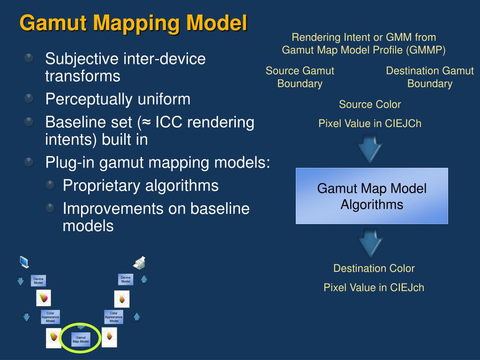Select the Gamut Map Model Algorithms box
[372, 196]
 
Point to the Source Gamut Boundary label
[300, 77]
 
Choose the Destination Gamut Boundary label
[430, 77]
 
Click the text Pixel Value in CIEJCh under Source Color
[370, 124]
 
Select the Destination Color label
[374, 269]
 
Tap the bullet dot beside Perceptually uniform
[29, 98]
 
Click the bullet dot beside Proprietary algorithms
[50, 185]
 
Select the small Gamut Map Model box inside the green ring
[81, 339]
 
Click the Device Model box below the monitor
[38, 280]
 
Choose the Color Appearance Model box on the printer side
[113, 317]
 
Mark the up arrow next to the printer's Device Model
[144, 279]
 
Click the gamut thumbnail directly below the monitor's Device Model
[44, 298]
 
